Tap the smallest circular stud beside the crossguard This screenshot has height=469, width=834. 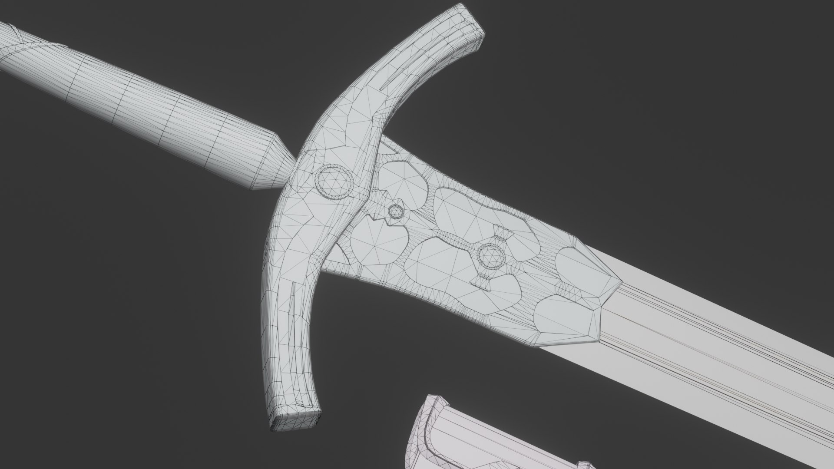coord(395,212)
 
